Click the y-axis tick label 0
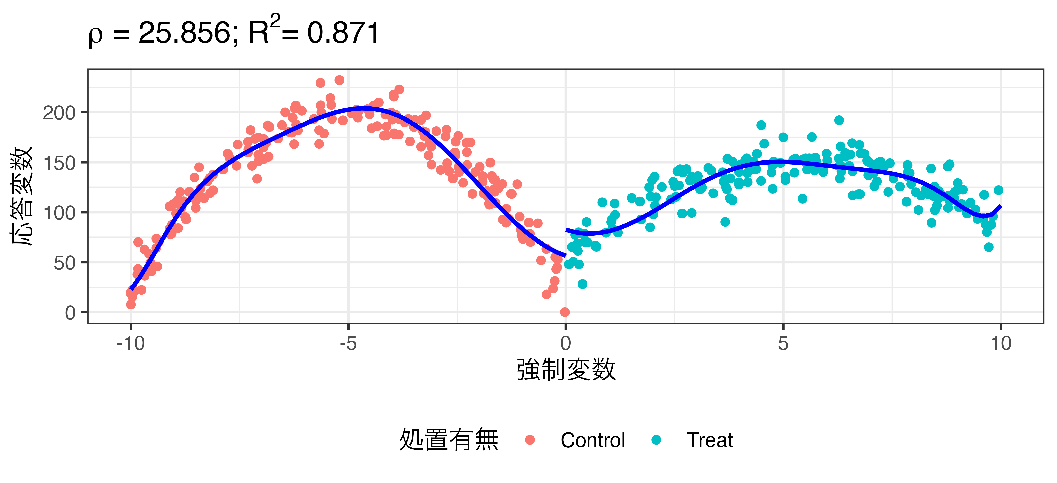tap(70, 313)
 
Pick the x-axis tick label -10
tap(130, 343)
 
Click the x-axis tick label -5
tap(348, 343)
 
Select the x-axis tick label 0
tap(565, 343)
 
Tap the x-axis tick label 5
tap(783, 343)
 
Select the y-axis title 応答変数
tap(21, 196)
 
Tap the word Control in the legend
tap(592, 440)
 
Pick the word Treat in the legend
tap(709, 440)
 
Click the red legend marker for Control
tap(530, 440)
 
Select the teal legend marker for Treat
tap(656, 440)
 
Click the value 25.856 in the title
tap(184, 33)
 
